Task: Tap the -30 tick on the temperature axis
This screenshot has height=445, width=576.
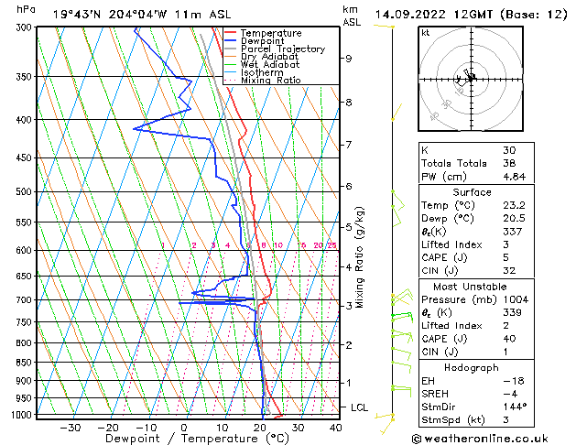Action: [71, 427]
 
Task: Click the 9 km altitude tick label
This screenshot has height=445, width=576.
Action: [349, 59]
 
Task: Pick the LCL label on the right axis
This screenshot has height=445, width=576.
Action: [360, 407]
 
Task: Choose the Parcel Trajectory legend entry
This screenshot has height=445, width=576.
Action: [282, 49]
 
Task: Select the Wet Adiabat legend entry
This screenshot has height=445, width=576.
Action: [270, 65]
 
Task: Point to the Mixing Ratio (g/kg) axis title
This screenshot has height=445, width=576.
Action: [361, 257]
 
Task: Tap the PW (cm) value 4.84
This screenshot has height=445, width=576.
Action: [515, 177]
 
